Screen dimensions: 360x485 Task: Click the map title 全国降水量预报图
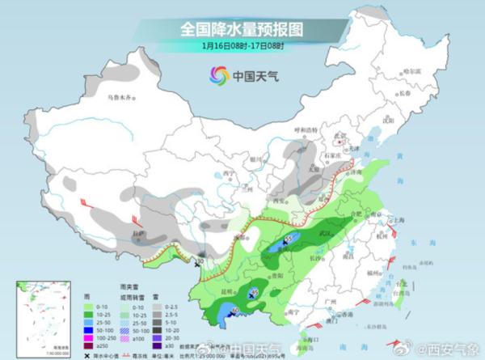(242, 28)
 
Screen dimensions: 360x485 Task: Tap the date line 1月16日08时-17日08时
(242, 45)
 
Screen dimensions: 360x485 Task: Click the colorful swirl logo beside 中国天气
(218, 75)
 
